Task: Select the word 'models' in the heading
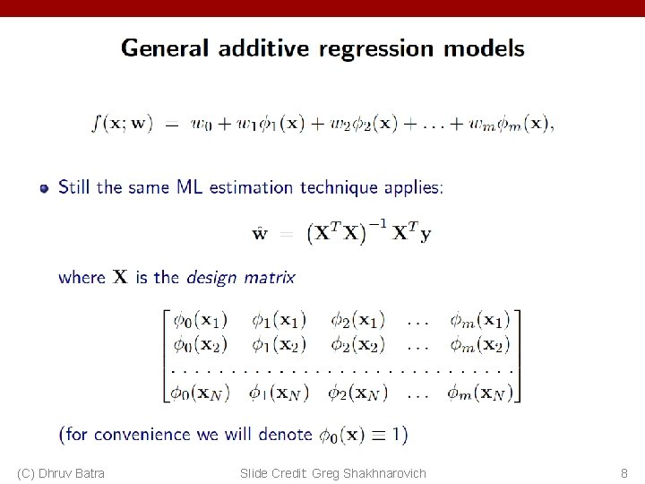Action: [x=487, y=48]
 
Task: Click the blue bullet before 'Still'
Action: [x=43, y=188]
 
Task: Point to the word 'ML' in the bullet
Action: [x=189, y=188]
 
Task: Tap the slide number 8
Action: [x=624, y=472]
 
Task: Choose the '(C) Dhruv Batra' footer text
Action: [x=61, y=472]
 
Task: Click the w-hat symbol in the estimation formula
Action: [x=259, y=235]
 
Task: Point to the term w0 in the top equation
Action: [x=203, y=124]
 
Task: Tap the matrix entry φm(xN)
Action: [x=479, y=392]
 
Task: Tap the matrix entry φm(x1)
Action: [x=479, y=319]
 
